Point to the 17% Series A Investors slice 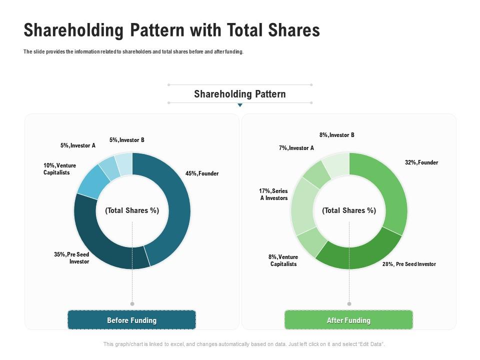click(302, 205)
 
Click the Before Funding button click(131, 320)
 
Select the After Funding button click(348, 320)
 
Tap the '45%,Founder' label click(202, 173)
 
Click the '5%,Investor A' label click(77, 145)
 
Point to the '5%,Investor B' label click(126, 140)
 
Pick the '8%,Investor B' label click(337, 135)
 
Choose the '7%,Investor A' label click(296, 148)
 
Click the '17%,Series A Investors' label click(273, 194)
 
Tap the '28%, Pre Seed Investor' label click(409, 264)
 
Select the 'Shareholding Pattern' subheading click(240, 94)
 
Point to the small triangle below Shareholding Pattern click(240, 105)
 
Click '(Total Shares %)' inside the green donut click(349, 210)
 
